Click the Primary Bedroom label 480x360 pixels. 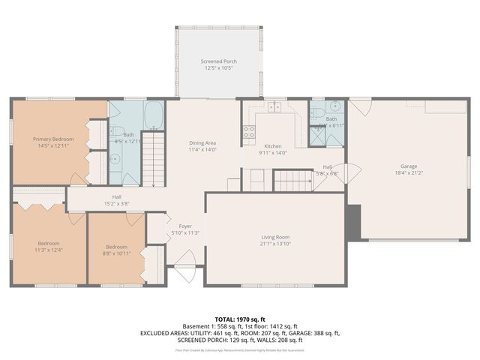click(52, 139)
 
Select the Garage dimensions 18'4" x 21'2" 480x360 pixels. click(408, 173)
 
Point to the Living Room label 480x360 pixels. click(274, 237)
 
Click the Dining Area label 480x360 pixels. click(202, 142)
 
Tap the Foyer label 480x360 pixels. click(184, 226)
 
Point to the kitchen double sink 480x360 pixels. click(276, 107)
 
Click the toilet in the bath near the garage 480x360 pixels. click(317, 113)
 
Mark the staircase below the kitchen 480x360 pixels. click(292, 180)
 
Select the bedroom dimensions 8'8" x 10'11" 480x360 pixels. click(117, 253)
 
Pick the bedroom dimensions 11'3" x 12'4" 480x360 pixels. click(48, 250)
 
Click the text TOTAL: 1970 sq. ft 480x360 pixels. click(239, 319)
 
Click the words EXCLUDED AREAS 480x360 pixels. click(165, 334)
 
